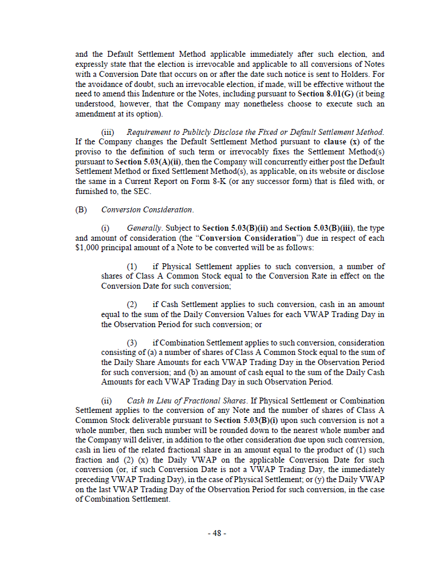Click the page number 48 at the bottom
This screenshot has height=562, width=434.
click(217, 533)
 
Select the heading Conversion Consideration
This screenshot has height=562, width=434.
click(147, 210)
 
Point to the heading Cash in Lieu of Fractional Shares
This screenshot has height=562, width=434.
click(197, 400)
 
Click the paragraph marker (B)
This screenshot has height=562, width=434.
click(81, 210)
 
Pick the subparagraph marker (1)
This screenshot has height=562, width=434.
click(133, 267)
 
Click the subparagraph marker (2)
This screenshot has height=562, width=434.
click(133, 305)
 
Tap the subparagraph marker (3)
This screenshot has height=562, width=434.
click(133, 343)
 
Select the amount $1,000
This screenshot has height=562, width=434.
click(89, 247)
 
